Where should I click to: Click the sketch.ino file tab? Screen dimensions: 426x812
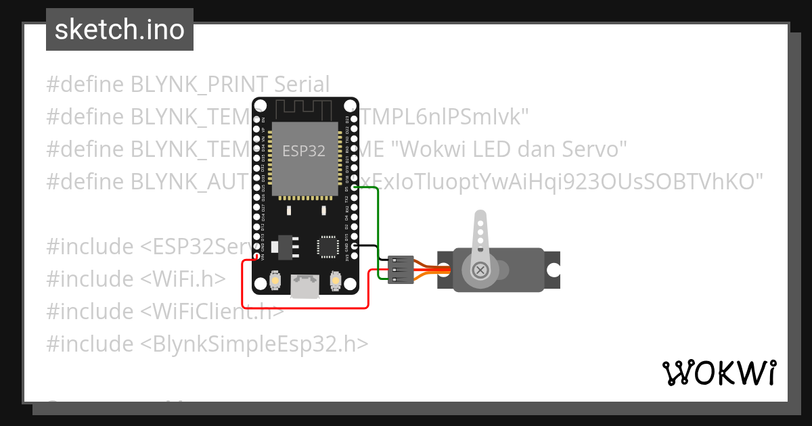click(x=120, y=30)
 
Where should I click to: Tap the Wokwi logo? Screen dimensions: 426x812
click(x=719, y=373)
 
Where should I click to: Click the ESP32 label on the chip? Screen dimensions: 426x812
click(x=304, y=151)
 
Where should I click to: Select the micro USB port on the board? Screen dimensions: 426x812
click(x=304, y=286)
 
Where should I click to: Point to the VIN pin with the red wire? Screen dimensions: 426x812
click(x=256, y=257)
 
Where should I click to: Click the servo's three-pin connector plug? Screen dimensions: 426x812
click(x=400, y=269)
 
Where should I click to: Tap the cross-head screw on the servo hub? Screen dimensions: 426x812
click(x=481, y=270)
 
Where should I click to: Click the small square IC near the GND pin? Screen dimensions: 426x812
click(x=328, y=247)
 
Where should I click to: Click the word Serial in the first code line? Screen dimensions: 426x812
click(x=302, y=85)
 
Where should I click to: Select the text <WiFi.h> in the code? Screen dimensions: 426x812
click(x=183, y=279)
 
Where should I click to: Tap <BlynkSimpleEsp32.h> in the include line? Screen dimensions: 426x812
click(x=254, y=344)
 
